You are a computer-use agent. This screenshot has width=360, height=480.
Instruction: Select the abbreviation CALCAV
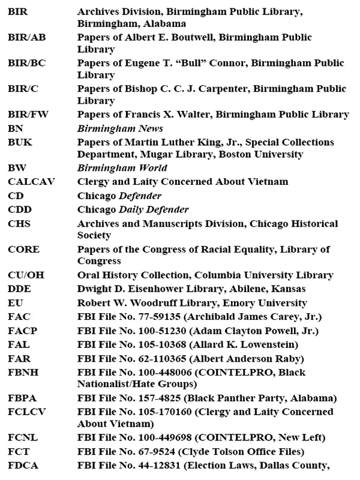coord(28,182)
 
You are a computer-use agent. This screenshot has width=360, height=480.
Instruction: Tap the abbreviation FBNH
coord(22,373)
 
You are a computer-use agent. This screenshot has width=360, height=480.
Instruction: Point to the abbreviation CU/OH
coord(25,275)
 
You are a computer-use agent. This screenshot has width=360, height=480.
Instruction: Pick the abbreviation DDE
coord(19,290)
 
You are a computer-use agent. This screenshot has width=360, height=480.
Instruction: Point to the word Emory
coord(221,304)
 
